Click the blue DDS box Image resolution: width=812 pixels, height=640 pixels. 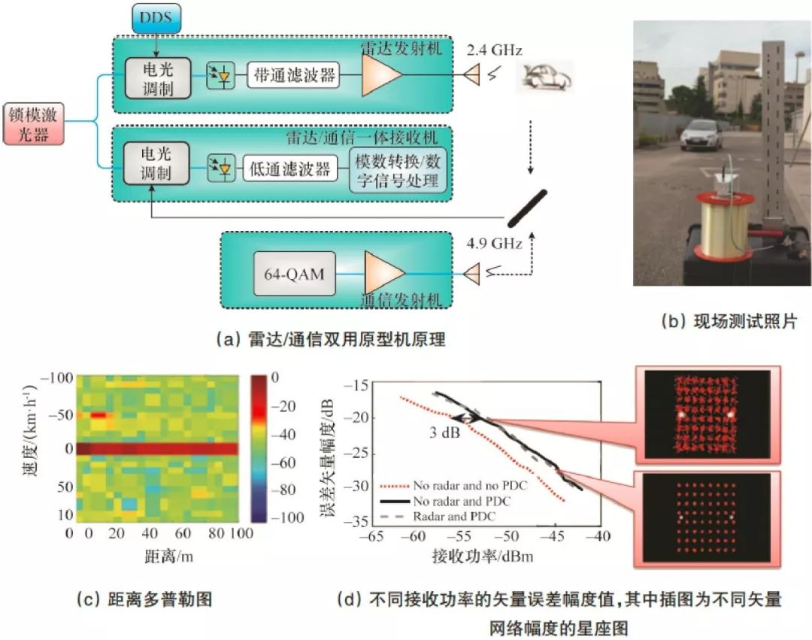click(x=156, y=17)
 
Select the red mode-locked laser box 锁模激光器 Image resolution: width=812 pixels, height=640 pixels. click(x=34, y=124)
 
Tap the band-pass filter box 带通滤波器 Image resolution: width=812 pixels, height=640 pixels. click(x=294, y=76)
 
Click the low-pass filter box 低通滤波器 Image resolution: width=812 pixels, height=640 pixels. click(x=290, y=168)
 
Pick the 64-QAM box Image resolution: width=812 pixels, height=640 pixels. click(x=295, y=274)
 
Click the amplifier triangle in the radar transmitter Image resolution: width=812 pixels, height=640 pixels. click(x=382, y=75)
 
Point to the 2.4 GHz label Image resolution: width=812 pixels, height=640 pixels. click(x=494, y=50)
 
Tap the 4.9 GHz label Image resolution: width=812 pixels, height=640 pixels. click(x=494, y=244)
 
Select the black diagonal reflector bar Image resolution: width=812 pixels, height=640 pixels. click(x=527, y=208)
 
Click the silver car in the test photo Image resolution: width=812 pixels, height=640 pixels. click(x=700, y=135)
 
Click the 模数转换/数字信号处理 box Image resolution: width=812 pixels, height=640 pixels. click(x=397, y=171)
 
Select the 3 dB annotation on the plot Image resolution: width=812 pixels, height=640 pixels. click(x=444, y=432)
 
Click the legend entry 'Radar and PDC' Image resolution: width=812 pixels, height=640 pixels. click(x=454, y=516)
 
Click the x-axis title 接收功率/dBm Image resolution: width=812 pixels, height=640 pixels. click(x=482, y=556)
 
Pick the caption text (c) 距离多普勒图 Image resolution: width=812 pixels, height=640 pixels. click(x=144, y=599)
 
